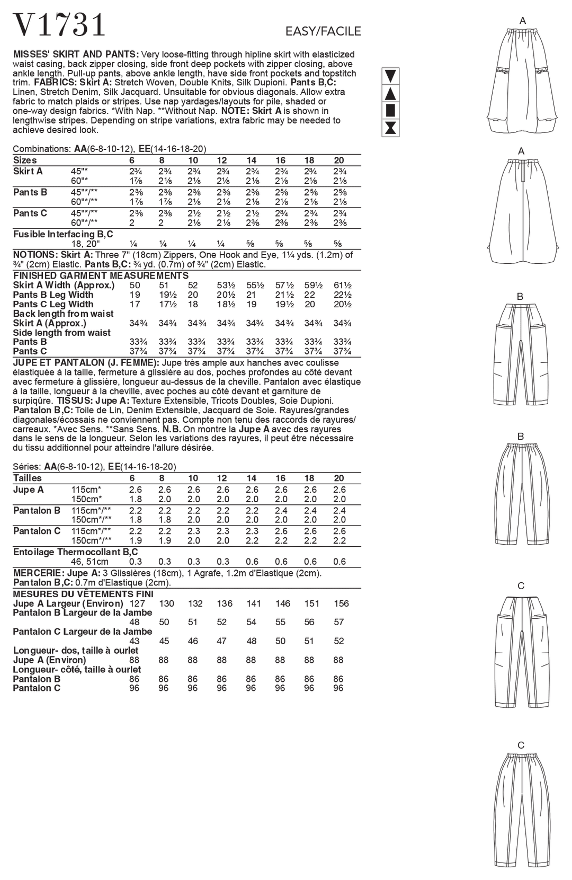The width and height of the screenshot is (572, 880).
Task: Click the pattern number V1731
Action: (x=59, y=25)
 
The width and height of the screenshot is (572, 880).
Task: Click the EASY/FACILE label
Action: (x=323, y=32)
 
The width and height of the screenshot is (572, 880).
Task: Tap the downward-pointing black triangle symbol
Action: (x=390, y=76)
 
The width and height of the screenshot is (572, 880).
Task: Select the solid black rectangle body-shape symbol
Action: (x=390, y=111)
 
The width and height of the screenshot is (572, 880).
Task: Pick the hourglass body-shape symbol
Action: (x=390, y=128)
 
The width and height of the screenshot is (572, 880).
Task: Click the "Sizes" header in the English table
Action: (x=25, y=161)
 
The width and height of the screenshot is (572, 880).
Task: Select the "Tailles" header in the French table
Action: (x=28, y=478)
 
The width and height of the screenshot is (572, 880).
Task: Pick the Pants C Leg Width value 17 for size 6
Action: (x=135, y=305)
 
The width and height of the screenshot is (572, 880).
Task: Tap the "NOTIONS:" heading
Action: (x=34, y=255)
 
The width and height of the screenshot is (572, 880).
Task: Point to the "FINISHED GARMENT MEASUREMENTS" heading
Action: (x=101, y=275)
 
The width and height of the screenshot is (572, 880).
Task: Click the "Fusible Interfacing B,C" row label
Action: (x=63, y=234)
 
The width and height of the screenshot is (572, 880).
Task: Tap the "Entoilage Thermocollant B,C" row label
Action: (x=75, y=552)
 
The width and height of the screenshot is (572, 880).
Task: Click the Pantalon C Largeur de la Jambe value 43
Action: (x=135, y=641)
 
